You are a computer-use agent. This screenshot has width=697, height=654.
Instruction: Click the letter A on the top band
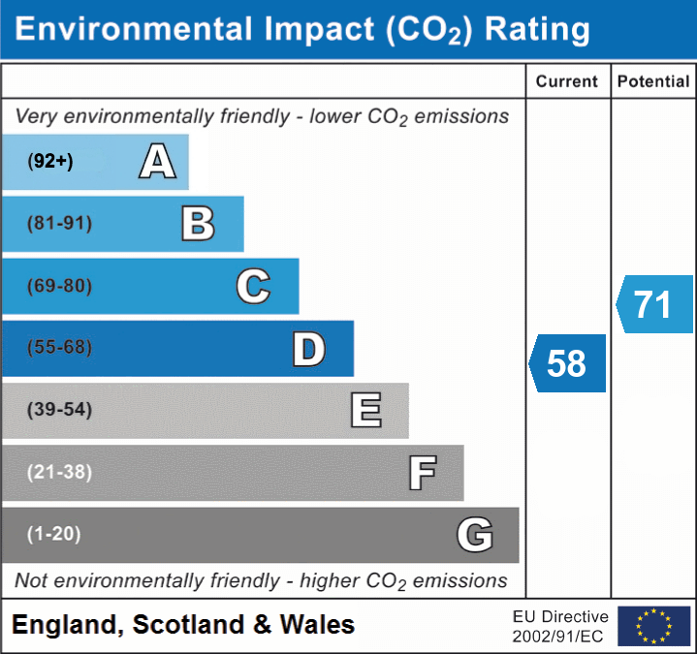tap(157, 162)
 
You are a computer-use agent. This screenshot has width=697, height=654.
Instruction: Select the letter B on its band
tap(198, 224)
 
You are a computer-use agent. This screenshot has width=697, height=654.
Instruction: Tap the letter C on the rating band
tap(253, 287)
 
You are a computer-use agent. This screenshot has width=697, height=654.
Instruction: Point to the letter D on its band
tap(308, 349)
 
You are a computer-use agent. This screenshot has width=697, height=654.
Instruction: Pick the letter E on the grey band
tap(365, 411)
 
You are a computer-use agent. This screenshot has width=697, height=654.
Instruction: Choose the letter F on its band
tap(421, 473)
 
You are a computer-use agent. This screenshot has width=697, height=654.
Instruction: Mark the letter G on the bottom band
tap(475, 534)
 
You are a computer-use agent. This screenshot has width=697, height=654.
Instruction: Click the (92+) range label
tap(50, 162)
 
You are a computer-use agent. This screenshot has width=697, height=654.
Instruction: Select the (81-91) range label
tap(60, 224)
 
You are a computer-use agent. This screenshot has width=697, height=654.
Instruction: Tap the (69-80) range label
tap(60, 287)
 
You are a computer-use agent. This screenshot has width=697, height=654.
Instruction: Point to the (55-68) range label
tap(60, 348)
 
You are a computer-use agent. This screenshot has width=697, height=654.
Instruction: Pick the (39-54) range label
tap(60, 410)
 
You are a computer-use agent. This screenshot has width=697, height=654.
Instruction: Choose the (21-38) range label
tap(60, 472)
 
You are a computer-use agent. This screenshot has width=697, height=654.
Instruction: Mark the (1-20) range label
tap(54, 534)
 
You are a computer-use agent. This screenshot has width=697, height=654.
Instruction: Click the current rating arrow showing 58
tap(568, 363)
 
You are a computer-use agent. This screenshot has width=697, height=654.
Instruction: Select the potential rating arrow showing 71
tap(654, 304)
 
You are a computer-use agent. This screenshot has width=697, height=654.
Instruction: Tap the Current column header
tap(567, 82)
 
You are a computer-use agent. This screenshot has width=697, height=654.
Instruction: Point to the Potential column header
tap(653, 82)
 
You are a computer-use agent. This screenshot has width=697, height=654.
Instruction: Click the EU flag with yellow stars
tap(653, 626)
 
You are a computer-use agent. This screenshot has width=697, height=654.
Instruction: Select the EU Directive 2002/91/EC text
tap(560, 626)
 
